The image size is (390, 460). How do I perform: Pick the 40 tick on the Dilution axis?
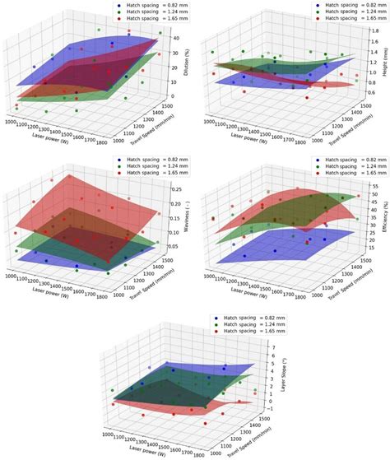[x=175, y=37]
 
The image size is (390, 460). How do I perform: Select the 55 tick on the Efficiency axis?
[x=372, y=186]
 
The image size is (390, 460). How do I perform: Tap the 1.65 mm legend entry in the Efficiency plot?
[x=350, y=175]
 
